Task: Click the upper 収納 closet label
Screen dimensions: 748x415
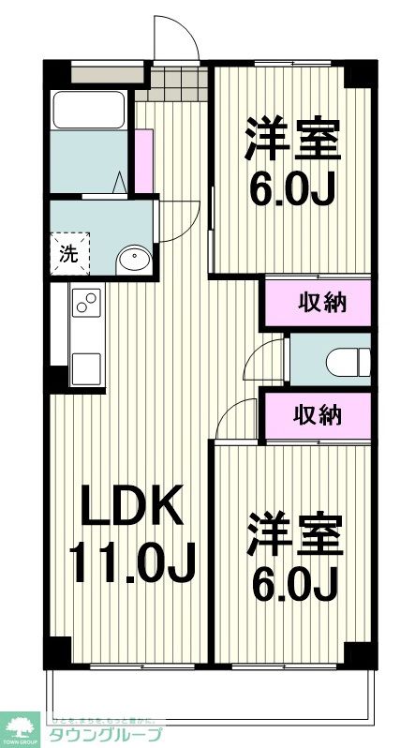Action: (x=322, y=302)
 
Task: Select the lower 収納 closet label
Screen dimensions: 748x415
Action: (x=322, y=415)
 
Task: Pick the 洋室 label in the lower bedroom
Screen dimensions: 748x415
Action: (x=293, y=536)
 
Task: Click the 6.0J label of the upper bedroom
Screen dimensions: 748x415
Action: (x=293, y=190)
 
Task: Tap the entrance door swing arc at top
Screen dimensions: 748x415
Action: (x=176, y=37)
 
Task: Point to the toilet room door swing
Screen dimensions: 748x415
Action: (x=271, y=360)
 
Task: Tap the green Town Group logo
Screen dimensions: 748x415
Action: (x=21, y=726)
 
